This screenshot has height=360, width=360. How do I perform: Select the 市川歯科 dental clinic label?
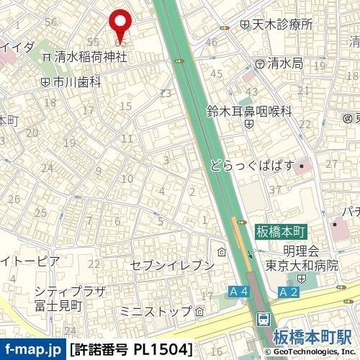[76, 82]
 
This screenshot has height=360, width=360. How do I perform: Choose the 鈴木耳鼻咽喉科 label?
[249, 111]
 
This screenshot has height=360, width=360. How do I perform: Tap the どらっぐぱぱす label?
[253, 166]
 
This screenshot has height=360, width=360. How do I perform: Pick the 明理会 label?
[301, 251]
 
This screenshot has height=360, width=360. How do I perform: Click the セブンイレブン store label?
[172, 265]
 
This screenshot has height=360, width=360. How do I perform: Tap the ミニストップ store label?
[156, 311]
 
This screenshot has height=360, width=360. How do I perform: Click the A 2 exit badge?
[288, 292]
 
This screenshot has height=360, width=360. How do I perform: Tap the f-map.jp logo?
[32, 350]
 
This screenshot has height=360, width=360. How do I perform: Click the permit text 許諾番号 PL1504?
[132, 350]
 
